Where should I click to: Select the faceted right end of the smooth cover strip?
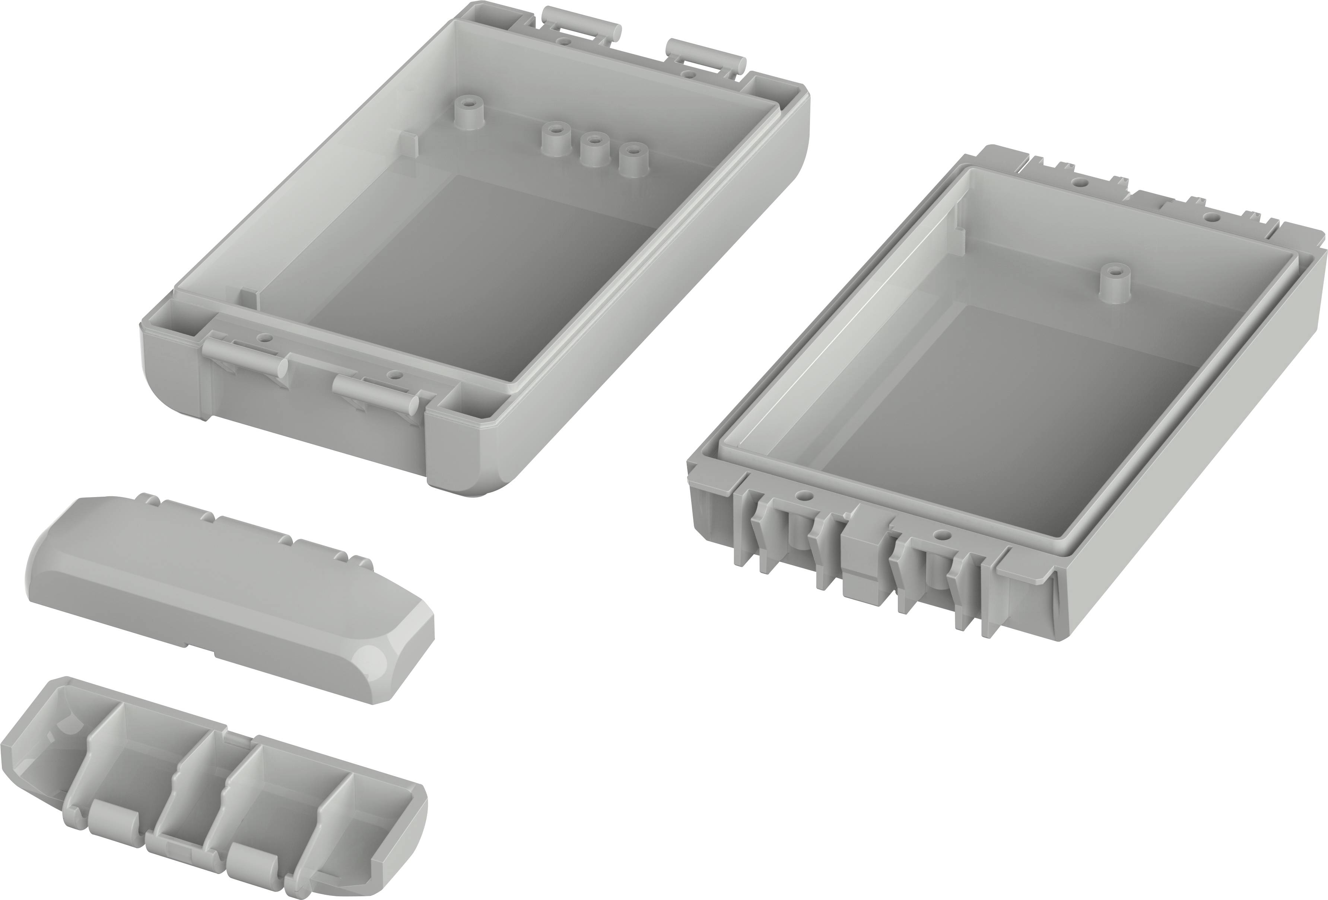click(x=394, y=657)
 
